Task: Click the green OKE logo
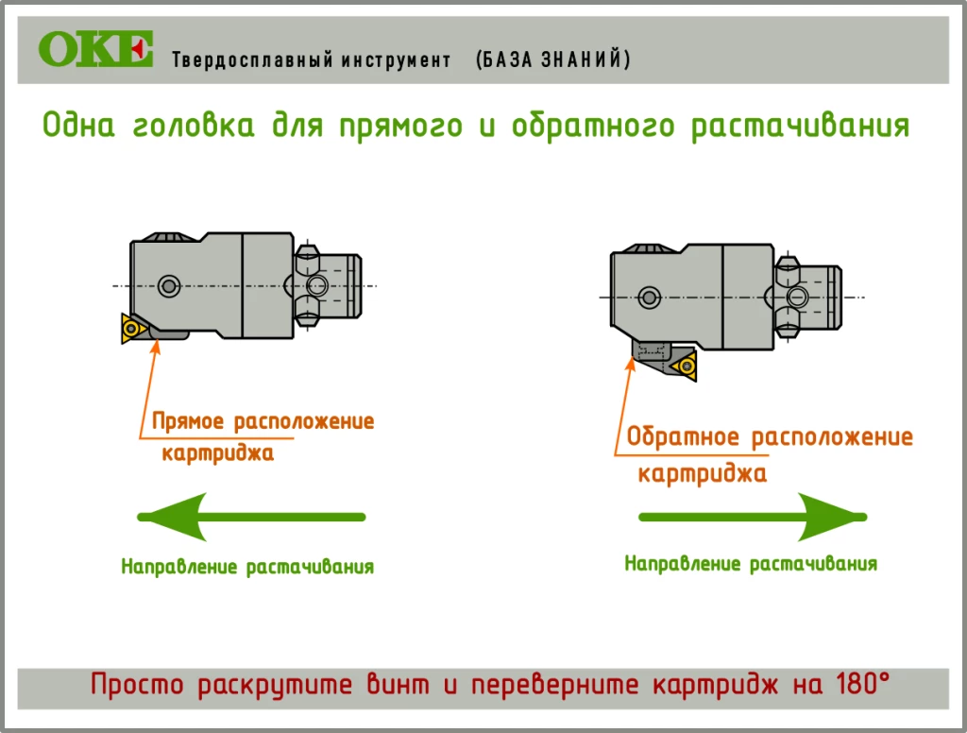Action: point(95,48)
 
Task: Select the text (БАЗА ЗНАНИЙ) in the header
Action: point(553,60)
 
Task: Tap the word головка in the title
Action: point(194,126)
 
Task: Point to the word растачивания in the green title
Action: point(800,127)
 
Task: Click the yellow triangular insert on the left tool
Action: point(132,328)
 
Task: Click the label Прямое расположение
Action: point(263,421)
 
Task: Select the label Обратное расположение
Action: point(770,436)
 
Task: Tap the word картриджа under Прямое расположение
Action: point(218,452)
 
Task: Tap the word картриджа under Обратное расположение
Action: point(703,474)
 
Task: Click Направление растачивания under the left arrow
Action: point(247,567)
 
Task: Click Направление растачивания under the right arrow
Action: point(751,563)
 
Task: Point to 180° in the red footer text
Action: point(863,684)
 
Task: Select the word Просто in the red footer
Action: point(137,685)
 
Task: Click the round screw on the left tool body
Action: point(169,285)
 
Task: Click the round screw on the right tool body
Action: point(649,298)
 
